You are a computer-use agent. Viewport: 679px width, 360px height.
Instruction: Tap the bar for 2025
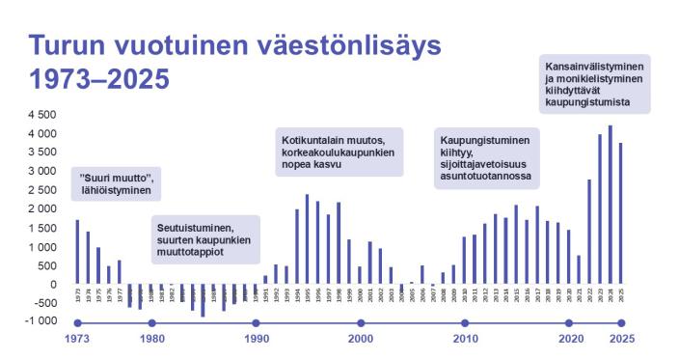(620, 213)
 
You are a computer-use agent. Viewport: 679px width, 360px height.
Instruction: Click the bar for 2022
(588, 232)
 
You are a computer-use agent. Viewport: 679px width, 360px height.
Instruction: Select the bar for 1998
(339, 243)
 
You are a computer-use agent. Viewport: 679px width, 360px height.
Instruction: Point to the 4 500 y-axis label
(43, 115)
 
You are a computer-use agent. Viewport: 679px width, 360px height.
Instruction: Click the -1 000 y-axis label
(41, 322)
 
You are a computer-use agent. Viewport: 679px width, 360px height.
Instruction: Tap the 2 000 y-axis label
(43, 209)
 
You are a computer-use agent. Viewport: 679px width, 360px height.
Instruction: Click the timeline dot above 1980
(151, 323)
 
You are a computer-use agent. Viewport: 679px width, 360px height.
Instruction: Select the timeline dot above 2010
(465, 323)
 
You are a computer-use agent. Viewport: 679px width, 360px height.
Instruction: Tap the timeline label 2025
(621, 340)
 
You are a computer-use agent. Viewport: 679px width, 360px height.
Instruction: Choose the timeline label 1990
(256, 340)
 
